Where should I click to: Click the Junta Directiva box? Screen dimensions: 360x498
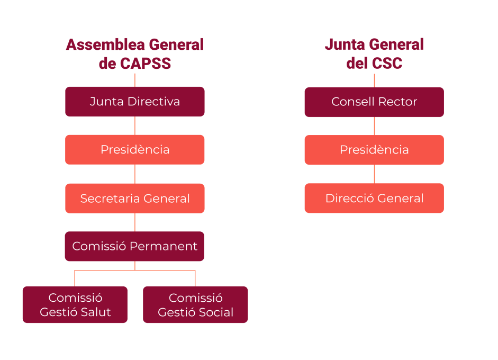[x=134, y=102]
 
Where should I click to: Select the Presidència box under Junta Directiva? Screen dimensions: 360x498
[x=134, y=150]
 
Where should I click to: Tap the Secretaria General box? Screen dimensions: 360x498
[x=134, y=199]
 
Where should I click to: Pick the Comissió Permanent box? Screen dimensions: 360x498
[x=134, y=246]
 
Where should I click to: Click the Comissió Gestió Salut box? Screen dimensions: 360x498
[x=75, y=305]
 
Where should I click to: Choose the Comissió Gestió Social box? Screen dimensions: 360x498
[x=195, y=305]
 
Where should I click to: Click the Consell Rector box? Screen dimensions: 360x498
[x=374, y=102]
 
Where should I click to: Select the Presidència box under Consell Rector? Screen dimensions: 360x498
[x=374, y=150]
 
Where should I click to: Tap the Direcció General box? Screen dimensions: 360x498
[x=374, y=199]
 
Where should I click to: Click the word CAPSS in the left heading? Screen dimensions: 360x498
[x=145, y=64]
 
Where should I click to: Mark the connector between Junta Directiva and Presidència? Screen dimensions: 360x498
[x=134, y=125]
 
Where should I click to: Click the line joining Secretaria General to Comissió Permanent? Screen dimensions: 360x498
[x=134, y=222]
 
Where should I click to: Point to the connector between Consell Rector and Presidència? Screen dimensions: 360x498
[x=374, y=126]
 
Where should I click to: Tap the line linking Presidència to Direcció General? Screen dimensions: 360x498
[x=374, y=174]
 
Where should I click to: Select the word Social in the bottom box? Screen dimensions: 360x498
[x=214, y=312]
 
